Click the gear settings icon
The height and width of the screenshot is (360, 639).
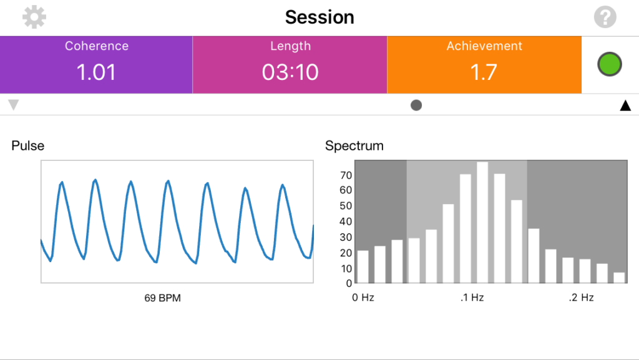pyautogui.click(x=34, y=17)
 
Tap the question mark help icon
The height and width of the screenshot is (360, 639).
pyautogui.click(x=605, y=17)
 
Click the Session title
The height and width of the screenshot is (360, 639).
pyautogui.click(x=319, y=17)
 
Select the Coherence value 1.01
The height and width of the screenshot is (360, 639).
pyautogui.click(x=96, y=72)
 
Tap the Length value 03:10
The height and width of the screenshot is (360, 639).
pyautogui.click(x=290, y=72)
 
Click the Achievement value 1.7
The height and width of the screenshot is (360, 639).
pyautogui.click(x=484, y=72)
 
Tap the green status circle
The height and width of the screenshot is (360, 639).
pyautogui.click(x=610, y=65)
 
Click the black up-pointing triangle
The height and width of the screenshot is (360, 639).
pyautogui.click(x=625, y=105)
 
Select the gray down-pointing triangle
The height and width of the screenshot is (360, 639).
pyautogui.click(x=14, y=105)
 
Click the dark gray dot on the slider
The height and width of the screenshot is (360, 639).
pyautogui.click(x=416, y=105)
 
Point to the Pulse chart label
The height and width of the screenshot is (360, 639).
pyautogui.click(x=28, y=146)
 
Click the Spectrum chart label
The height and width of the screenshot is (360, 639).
pyautogui.click(x=354, y=146)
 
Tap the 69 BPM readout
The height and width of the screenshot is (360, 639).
pyautogui.click(x=162, y=298)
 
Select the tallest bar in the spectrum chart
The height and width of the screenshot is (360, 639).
pyautogui.click(x=482, y=223)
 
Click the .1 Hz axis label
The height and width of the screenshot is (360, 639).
pyautogui.click(x=472, y=298)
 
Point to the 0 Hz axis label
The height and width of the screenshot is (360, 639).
pyautogui.click(x=363, y=298)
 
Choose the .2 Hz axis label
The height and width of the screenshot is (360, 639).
pyautogui.click(x=582, y=298)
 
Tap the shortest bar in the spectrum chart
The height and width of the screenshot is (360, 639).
pyautogui.click(x=619, y=278)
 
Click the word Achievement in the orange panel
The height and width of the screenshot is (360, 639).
pyautogui.click(x=484, y=46)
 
